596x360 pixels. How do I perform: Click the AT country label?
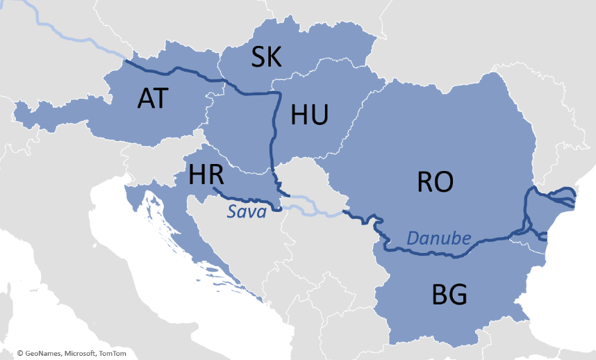tap(153, 98)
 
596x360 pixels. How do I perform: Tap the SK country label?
tap(267, 58)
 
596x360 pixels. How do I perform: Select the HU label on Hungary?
tap(309, 115)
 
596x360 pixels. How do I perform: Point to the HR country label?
tap(206, 175)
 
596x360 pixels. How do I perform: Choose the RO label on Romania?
tap(435, 182)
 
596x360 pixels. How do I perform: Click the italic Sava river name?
tap(247, 212)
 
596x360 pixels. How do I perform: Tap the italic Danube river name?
tap(438, 238)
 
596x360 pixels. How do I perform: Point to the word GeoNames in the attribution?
tap(44, 353)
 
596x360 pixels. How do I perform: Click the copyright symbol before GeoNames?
tap(21, 353)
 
